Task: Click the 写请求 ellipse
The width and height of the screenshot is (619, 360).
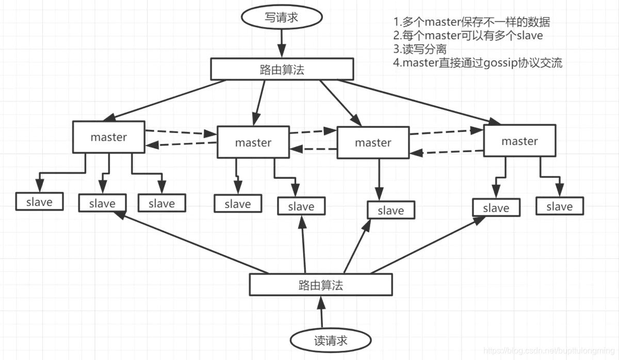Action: coord(282,18)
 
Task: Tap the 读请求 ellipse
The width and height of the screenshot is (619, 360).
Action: coord(331,340)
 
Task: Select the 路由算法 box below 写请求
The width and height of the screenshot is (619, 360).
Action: coord(282,69)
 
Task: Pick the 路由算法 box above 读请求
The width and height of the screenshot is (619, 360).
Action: coord(320,284)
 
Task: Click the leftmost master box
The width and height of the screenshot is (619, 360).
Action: coord(108,137)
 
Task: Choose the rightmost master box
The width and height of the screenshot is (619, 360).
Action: coord(519,141)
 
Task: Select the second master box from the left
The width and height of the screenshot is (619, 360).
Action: coord(253,143)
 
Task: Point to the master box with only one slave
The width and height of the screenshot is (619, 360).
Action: coord(373,142)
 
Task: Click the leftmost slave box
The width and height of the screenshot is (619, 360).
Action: coord(39,202)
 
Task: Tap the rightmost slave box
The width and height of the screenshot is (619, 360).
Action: coord(560,206)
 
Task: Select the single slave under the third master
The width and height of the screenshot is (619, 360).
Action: coord(390,210)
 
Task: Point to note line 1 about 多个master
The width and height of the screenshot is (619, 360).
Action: coord(471,23)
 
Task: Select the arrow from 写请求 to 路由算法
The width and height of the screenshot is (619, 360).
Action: coord(282,43)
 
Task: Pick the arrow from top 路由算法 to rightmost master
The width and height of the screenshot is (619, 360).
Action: coord(418,102)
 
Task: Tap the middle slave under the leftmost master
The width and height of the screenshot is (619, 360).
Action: coord(102,203)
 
